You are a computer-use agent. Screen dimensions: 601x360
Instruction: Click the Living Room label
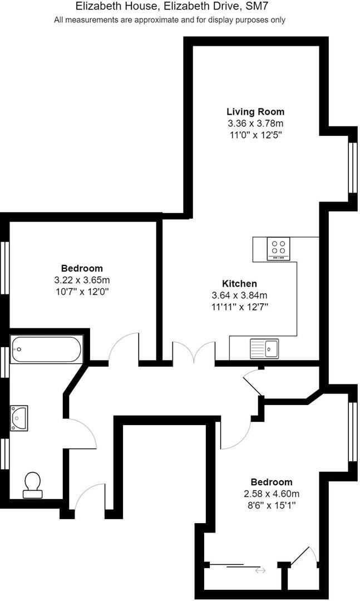255,112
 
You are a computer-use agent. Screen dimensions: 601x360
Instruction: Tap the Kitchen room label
239,283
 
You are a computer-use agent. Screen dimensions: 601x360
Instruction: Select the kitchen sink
265,348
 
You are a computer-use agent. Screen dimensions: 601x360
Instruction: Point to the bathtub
46,349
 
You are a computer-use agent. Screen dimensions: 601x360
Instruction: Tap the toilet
32,484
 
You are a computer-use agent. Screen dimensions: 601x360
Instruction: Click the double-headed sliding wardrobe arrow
260,570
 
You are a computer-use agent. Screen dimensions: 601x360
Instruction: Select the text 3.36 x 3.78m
255,124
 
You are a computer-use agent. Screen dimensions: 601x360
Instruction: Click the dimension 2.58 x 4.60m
271,494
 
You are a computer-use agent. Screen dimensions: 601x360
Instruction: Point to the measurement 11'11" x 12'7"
239,307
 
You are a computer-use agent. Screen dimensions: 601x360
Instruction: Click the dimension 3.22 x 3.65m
82,280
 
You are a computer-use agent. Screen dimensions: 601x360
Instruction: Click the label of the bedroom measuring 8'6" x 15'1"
271,482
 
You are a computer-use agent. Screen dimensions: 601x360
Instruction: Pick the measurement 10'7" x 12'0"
82,291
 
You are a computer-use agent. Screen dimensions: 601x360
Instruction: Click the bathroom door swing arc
89,431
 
